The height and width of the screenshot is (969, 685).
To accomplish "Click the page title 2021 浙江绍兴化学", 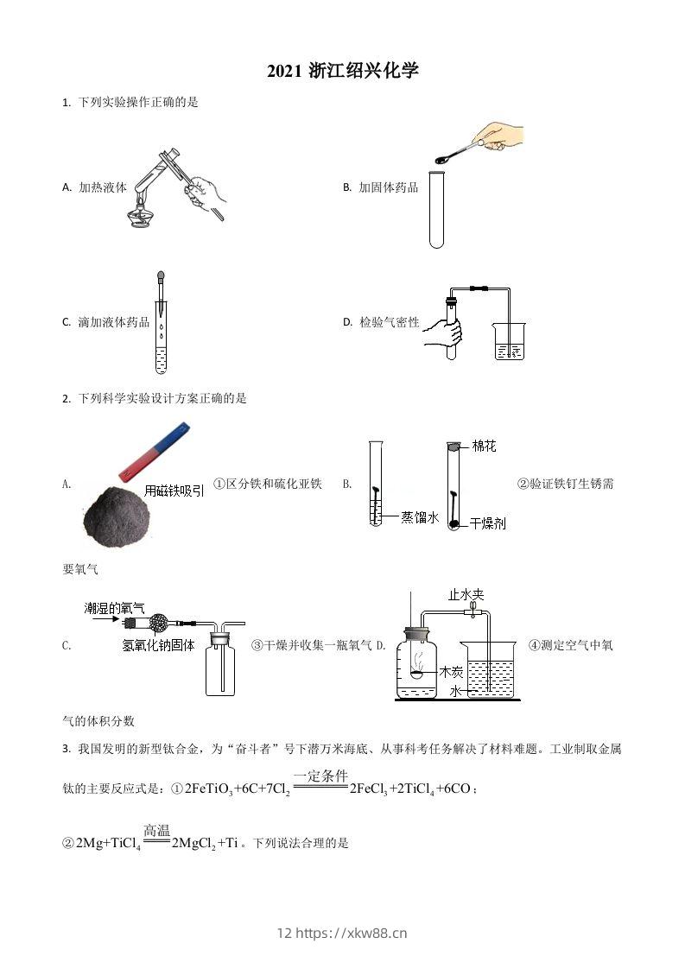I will tap(342, 72).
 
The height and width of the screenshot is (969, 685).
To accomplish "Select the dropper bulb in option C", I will tap(161, 278).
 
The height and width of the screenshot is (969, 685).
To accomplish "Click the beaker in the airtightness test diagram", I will tap(508, 342).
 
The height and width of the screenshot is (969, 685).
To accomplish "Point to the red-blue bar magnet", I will tap(155, 451).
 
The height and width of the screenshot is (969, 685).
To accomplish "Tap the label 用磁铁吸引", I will tap(175, 491).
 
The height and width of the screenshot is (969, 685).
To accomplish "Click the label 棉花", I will tap(485, 446).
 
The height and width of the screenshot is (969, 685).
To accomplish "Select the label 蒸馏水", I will tap(421, 517).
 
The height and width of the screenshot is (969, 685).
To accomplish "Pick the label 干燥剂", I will tap(488, 524).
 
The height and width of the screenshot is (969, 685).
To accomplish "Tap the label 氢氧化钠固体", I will tap(158, 645).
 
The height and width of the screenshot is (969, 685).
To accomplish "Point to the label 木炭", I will tap(451, 670).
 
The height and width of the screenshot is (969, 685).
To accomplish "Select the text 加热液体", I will tap(102, 187).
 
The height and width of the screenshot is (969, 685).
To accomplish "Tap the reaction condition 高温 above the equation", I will tap(157, 830).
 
